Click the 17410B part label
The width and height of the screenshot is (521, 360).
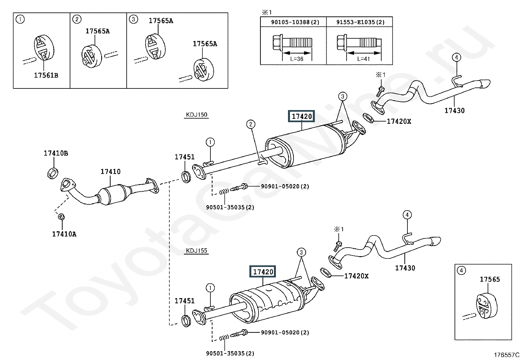[56, 153]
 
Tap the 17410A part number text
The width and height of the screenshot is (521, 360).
[64, 234]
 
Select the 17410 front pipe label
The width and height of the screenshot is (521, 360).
[111, 172]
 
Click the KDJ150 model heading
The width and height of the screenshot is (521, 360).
[197, 115]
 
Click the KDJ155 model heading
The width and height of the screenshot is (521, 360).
[197, 251]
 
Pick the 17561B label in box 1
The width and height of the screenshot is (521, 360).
[46, 75]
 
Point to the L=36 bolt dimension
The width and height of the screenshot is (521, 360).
[297, 59]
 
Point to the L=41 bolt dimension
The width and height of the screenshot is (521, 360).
[363, 59]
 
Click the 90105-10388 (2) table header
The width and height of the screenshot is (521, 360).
[295, 22]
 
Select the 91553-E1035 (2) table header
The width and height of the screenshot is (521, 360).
[360, 22]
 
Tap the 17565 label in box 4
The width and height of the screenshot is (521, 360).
[490, 279]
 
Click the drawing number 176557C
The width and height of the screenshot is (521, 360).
[507, 355]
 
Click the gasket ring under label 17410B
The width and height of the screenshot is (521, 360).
[53, 173]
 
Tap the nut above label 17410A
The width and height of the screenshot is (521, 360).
[61, 217]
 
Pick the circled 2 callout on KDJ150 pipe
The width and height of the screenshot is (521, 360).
[251, 124]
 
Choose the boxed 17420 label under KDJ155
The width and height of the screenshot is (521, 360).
[263, 272]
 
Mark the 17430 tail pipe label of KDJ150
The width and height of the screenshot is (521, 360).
[455, 111]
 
